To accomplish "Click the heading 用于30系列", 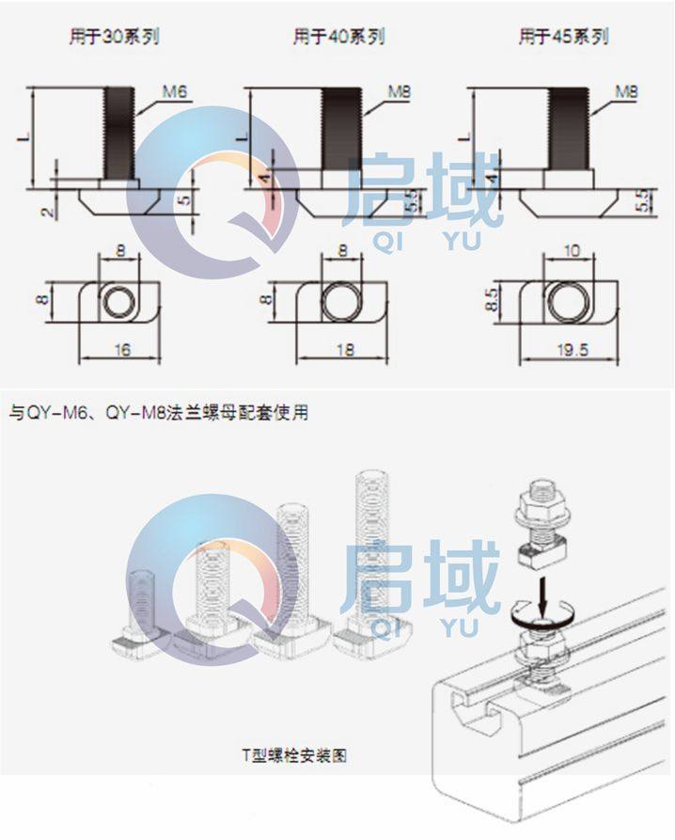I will [112, 38].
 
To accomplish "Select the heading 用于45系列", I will [563, 38].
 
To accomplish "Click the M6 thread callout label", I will [175, 91].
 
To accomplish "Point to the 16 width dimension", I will [121, 350].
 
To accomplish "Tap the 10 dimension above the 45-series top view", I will [571, 253].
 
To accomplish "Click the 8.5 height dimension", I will [490, 301].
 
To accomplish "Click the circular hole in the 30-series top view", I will [119, 301].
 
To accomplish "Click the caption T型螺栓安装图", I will [293, 754].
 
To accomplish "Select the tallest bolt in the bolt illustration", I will [367, 555].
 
